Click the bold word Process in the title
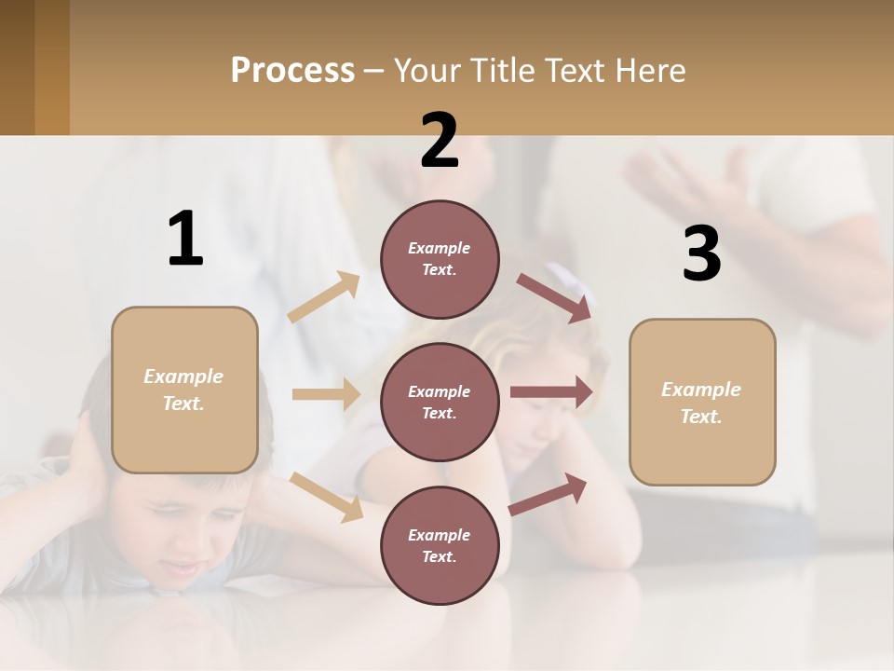(x=292, y=70)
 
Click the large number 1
(x=185, y=240)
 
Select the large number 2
(x=440, y=141)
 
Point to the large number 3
(x=701, y=254)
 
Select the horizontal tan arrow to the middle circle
(x=326, y=394)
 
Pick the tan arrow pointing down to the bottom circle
(x=326, y=496)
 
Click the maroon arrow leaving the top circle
(x=554, y=297)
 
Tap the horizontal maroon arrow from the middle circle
(x=550, y=392)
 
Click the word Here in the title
(x=651, y=70)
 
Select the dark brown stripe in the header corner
(x=17, y=67)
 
